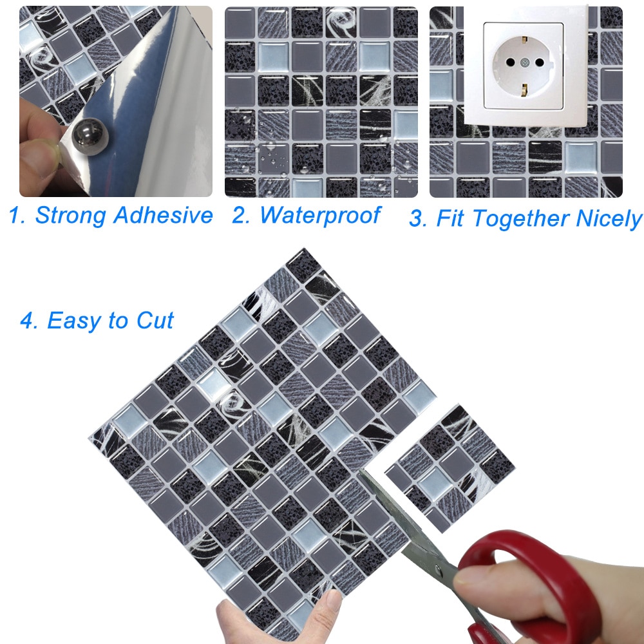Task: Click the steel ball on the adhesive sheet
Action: tap(90, 137)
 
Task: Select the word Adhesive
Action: tap(163, 215)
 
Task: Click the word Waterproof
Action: tap(321, 216)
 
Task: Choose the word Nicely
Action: tap(609, 218)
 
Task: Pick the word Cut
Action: tap(155, 320)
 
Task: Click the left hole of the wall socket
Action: tap(510, 62)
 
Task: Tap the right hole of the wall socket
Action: tap(539, 62)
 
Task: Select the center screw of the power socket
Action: tap(524, 62)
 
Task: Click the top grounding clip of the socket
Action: tap(524, 40)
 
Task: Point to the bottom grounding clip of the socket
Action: tap(524, 90)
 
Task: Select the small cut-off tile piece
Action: tap(450, 469)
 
